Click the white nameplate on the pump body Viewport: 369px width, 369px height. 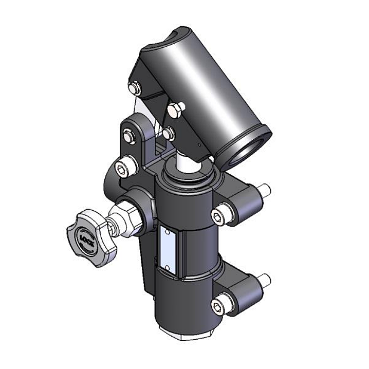[168, 247]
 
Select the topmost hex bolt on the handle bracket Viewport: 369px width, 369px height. [135, 88]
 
